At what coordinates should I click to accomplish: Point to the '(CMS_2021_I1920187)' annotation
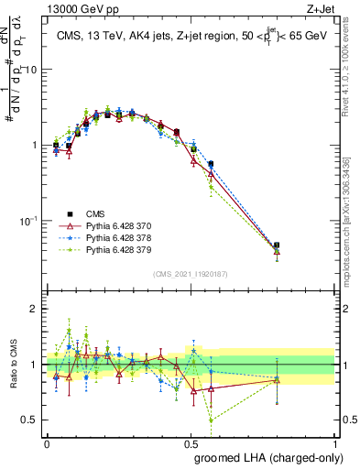coord(191,274)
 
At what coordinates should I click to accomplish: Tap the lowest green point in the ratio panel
coord(211,420)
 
